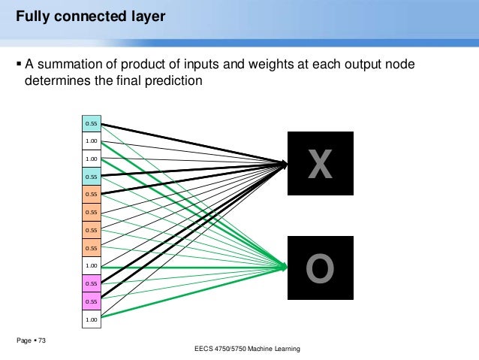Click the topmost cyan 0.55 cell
tap(91, 123)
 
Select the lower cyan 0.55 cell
tap(91, 177)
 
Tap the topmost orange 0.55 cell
tap(91, 194)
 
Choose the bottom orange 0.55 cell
tap(91, 248)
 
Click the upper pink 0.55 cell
tap(91, 283)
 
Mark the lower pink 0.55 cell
tap(91, 301)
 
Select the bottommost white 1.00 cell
tap(91, 319)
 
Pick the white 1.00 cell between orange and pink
tap(91, 266)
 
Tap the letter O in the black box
tap(321, 270)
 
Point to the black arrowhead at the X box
tap(285, 162)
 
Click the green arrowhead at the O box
tap(285, 266)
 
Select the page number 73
tap(41, 342)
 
